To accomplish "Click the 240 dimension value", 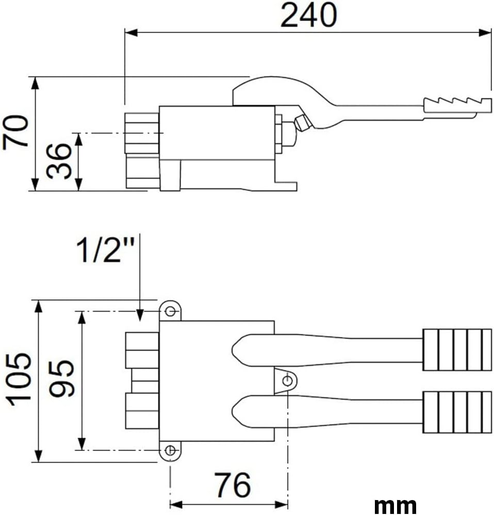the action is [308, 15].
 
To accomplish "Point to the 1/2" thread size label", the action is [105, 250].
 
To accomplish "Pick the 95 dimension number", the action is [61, 379].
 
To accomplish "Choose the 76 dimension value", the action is [233, 485].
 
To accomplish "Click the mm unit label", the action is [395, 505].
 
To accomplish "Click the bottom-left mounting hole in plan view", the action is [170, 450].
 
